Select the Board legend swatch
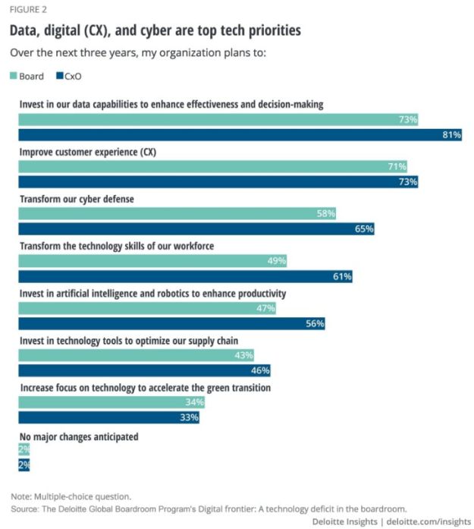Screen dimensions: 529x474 coord(14,76)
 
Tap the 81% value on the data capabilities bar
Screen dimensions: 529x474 coord(451,135)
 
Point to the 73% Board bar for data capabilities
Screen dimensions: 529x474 coord(218,120)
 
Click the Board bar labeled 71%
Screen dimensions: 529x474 coord(212,166)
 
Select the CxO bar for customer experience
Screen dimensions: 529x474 coord(218,182)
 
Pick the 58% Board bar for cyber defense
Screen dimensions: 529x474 coord(177,214)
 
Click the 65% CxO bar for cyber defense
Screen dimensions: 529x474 coord(196,229)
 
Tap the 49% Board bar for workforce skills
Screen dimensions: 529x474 coord(152,261)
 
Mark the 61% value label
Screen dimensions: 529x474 coord(342,276)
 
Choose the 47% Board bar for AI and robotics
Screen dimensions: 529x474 coord(146,308)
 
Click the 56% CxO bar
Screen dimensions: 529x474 coord(171,323)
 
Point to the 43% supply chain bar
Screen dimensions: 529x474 coord(136,355)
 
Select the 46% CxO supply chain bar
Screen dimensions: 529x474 coord(144,370)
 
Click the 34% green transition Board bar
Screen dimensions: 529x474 coord(111,402)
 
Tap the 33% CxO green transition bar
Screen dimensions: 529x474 coord(108,417)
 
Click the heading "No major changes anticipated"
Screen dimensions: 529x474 coord(79,436)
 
